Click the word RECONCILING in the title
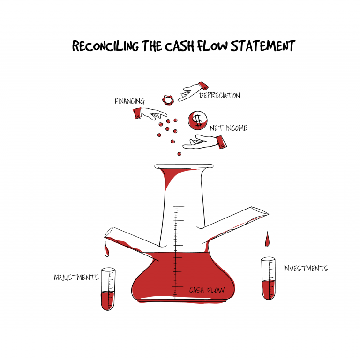105,45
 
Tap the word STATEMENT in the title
263,45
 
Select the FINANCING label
130,101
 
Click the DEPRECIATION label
220,95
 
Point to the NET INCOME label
229,128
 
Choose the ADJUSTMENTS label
76,277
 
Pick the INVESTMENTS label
306,269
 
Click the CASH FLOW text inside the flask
207,290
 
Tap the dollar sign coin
197,120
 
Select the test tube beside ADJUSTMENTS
108,289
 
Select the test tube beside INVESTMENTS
269,278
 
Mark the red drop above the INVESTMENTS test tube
267,240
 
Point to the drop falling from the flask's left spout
106,249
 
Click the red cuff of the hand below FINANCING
137,113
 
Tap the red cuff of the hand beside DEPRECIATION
203,86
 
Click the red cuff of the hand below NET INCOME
221,142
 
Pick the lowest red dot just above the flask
180,154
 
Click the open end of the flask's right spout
259,210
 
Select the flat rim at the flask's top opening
184,166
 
